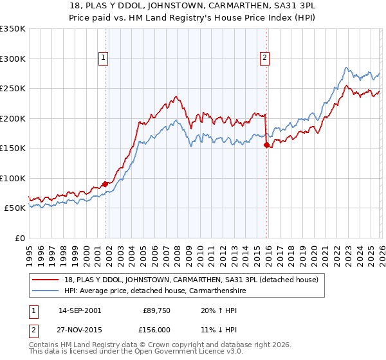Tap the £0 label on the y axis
(x=20, y=238)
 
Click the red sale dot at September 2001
(x=105, y=184)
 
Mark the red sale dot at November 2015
(x=266, y=145)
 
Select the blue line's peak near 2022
(x=346, y=67)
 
